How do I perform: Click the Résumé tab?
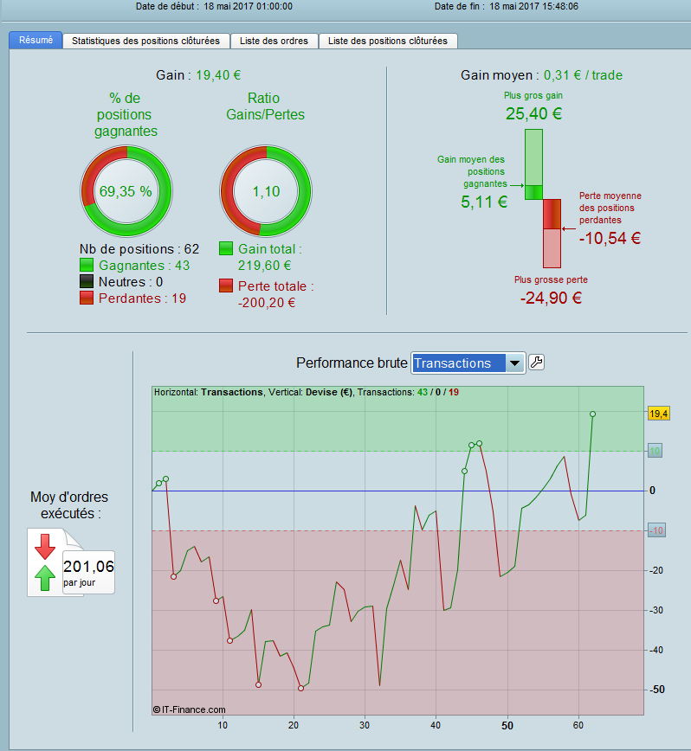click(35, 40)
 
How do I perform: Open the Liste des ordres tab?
click(274, 41)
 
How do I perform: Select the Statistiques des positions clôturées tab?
click(146, 41)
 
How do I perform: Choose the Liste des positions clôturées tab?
click(388, 41)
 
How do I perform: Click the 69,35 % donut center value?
click(125, 191)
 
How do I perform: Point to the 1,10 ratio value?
click(266, 191)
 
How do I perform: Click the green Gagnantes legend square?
click(87, 266)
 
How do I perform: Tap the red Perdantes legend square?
click(87, 298)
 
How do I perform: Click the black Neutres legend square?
click(87, 282)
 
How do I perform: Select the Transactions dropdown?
click(468, 363)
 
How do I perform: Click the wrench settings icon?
click(536, 363)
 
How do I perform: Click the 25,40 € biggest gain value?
click(533, 113)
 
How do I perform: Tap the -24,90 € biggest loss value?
click(551, 298)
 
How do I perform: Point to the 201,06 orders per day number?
click(88, 567)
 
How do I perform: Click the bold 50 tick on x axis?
click(507, 725)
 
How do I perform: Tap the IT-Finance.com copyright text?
click(189, 709)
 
